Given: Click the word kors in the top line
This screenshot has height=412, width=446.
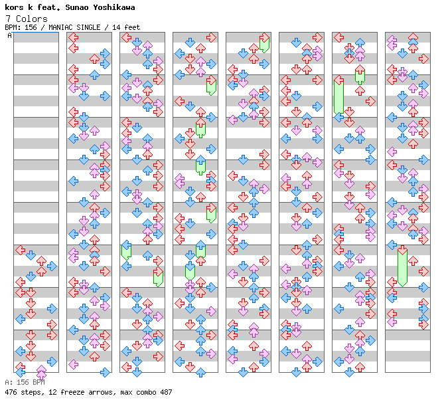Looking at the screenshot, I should [x=15, y=7].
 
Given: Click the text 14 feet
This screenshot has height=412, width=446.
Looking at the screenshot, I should [x=126, y=27].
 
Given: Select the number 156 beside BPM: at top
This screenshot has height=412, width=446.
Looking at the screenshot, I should [x=28, y=27].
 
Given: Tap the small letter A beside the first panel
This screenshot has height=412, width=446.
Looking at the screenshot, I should [x=9, y=36].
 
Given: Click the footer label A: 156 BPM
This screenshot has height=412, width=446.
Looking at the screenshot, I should [x=25, y=383].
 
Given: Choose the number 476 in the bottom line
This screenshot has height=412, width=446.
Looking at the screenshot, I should [x=11, y=392].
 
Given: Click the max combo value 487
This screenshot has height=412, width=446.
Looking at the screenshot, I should [x=165, y=392].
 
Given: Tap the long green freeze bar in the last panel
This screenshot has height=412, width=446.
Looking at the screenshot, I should [x=402, y=266].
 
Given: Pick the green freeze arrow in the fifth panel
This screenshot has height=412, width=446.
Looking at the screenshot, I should [x=264, y=43].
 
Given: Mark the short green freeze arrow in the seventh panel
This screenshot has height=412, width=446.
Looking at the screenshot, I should [x=360, y=74].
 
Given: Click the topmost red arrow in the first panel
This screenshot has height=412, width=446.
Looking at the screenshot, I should [x=21, y=251].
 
